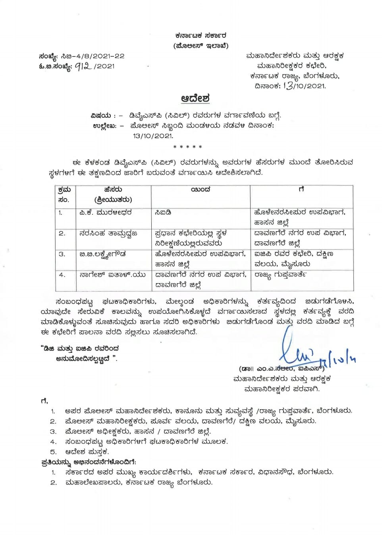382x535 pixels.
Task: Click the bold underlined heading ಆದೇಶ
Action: (195, 98)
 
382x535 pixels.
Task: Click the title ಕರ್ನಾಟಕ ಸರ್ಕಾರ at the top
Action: (201, 36)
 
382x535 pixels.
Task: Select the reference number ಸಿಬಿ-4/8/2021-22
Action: (93, 56)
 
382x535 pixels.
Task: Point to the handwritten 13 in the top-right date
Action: (288, 85)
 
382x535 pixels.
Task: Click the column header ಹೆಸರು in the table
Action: (113, 190)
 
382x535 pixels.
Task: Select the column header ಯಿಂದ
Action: (200, 190)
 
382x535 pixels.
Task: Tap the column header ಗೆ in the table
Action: (301, 190)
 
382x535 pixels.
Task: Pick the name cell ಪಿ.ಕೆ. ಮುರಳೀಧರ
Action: (105, 213)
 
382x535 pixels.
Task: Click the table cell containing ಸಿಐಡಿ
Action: (163, 213)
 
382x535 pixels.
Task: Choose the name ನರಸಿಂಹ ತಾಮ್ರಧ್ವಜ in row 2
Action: (108, 233)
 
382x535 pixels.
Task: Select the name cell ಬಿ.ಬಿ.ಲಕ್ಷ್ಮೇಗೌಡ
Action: (102, 254)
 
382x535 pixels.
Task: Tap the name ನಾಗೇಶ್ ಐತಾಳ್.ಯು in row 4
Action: (112, 274)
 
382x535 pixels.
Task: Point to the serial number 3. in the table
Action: (62, 254)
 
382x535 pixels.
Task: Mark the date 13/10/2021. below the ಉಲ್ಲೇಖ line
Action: (153, 136)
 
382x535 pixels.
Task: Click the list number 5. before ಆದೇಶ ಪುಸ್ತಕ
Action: (53, 452)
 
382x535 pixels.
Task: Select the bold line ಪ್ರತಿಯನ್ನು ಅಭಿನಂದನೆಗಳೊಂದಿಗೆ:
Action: (89, 462)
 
